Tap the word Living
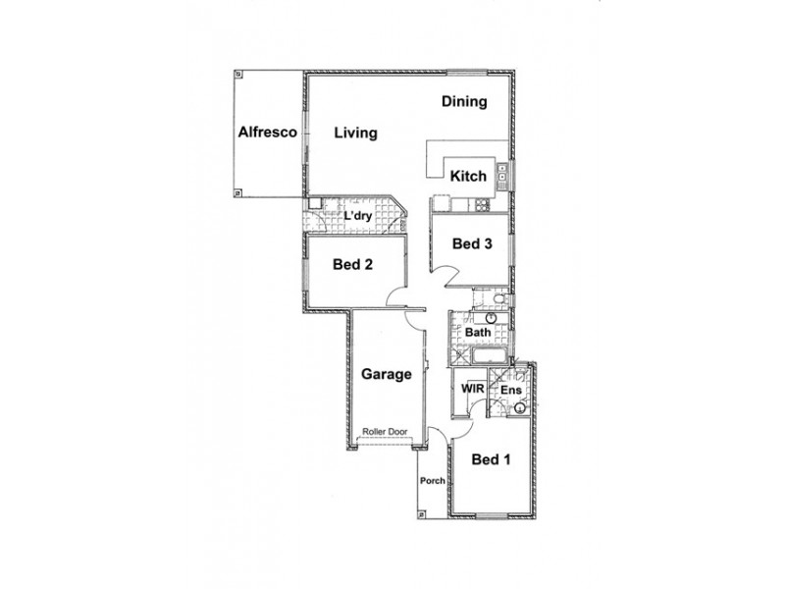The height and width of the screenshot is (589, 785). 354,133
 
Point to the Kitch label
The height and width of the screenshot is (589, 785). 468,177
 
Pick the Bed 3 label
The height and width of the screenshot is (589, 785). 471,244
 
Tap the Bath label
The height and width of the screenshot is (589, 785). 478,333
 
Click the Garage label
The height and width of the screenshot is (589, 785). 385,374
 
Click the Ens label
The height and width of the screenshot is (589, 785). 510,391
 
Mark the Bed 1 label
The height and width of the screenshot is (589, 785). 491,458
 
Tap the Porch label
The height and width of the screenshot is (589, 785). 433,481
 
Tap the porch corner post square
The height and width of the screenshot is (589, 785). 421,511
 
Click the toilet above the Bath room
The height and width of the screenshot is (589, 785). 497,298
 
